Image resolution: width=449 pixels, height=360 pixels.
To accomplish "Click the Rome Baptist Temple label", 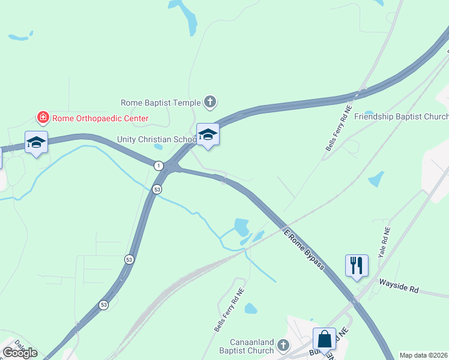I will coord(160,103).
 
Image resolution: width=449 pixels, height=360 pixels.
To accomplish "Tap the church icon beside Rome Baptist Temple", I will coord(209,102).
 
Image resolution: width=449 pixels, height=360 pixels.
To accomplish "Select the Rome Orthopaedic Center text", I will coord(100,118).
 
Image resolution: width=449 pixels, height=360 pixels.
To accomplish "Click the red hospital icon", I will coord(43,118).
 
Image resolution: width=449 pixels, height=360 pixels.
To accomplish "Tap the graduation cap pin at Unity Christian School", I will coord(208,134).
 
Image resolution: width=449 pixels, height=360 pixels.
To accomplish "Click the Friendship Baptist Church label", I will coord(401,116).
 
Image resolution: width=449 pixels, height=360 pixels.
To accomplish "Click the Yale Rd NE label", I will coord(384,242).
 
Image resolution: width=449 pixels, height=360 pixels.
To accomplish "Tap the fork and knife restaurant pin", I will coord(357,265).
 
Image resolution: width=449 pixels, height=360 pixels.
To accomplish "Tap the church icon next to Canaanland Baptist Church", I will coord(283,346).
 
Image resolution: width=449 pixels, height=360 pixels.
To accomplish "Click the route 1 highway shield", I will coord(158,165).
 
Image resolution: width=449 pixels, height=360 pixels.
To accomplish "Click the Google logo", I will coord(20,353).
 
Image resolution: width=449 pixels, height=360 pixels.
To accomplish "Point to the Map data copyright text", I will coord(424,355).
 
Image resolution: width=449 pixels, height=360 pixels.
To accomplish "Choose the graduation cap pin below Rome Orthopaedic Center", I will coord(36,142).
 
